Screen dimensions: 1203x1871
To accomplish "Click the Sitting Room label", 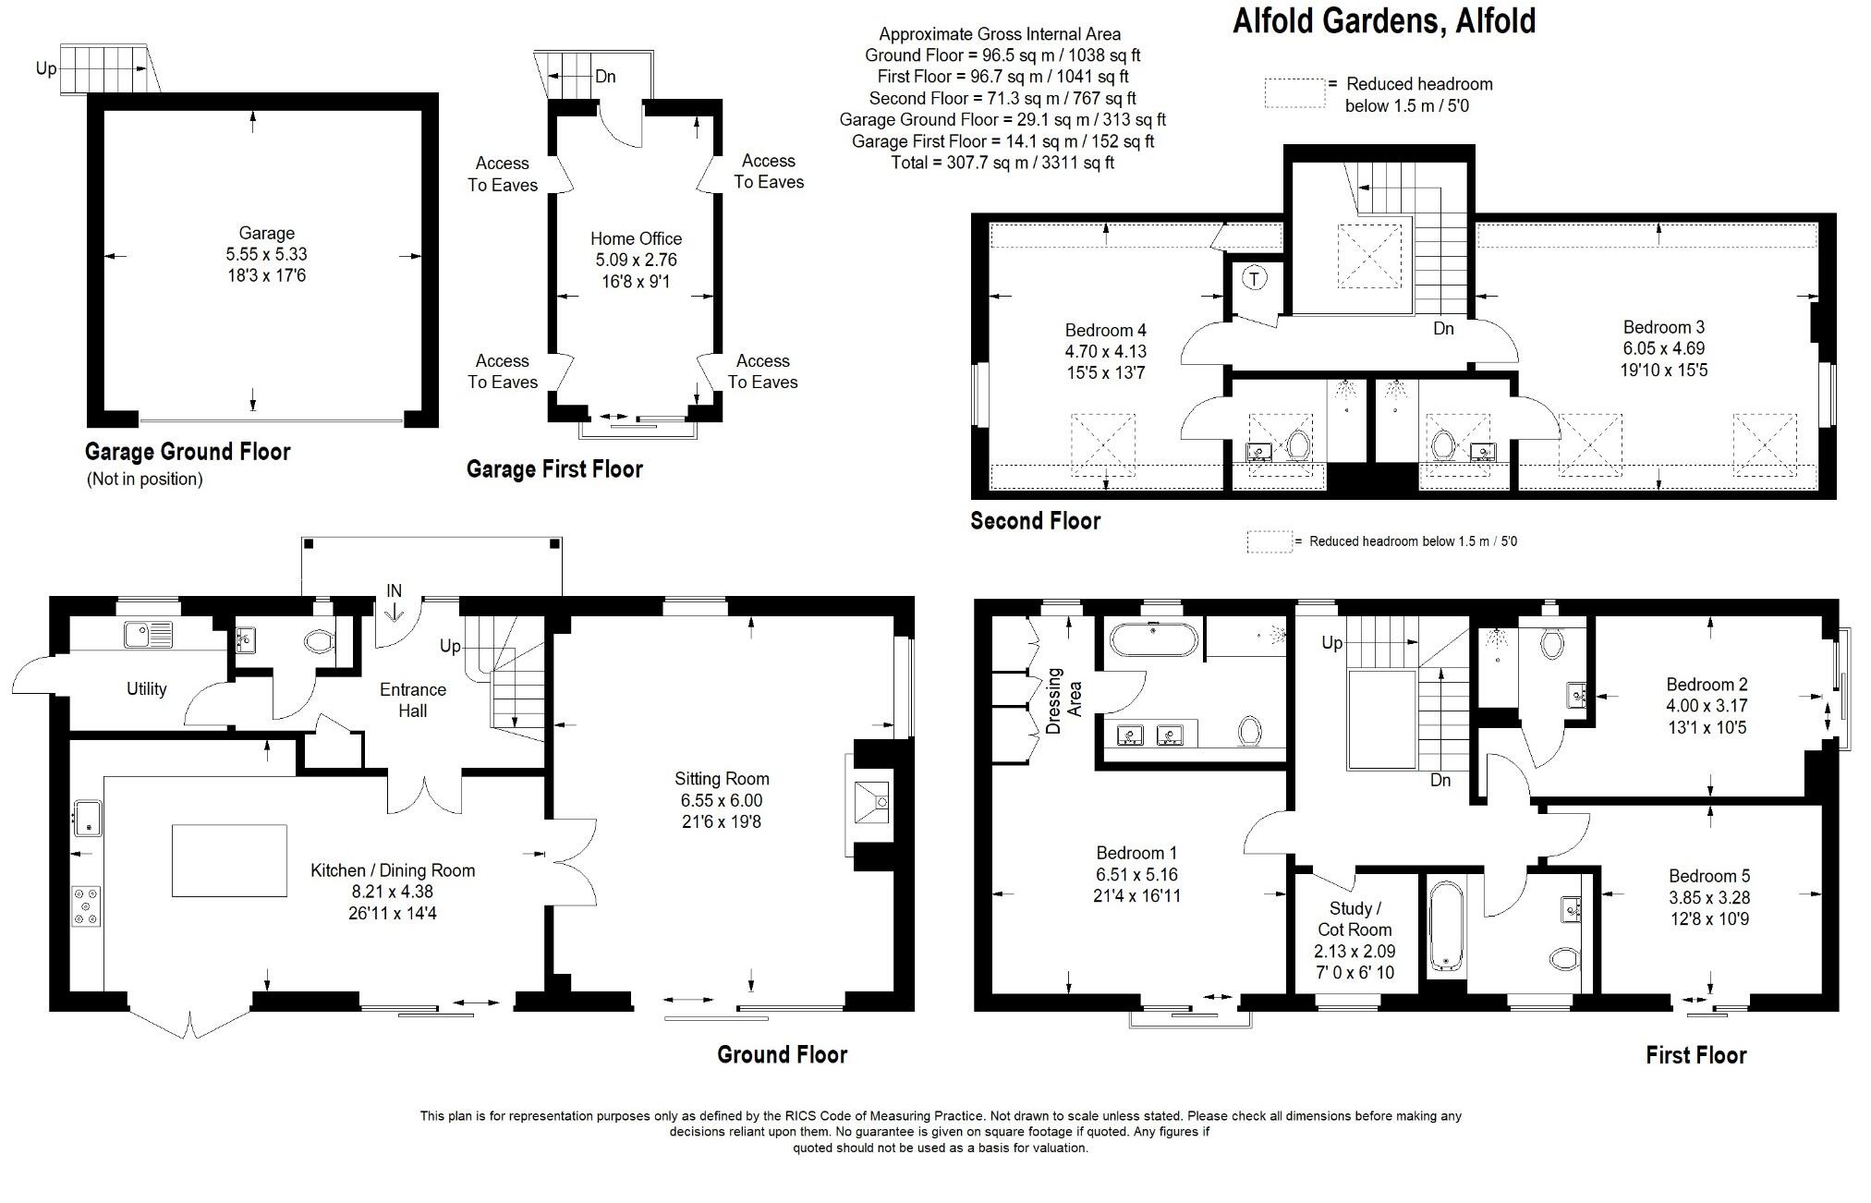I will click(x=721, y=779).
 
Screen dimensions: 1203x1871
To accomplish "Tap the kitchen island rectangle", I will click(x=229, y=860).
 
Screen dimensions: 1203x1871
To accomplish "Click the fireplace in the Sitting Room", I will click(x=870, y=801).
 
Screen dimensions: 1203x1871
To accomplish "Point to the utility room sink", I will click(x=148, y=635).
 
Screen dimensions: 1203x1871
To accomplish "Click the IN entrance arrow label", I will click(x=395, y=591).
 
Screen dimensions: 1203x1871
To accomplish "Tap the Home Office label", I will click(x=636, y=238).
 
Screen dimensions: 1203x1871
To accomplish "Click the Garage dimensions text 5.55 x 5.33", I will click(x=266, y=254).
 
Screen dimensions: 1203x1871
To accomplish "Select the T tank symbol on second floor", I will click(x=1254, y=278).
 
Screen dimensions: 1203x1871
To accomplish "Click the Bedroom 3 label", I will click(x=1663, y=327).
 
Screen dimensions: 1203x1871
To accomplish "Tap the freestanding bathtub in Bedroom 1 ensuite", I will click(x=1153, y=639).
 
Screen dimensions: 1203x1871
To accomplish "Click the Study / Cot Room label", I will click(x=1355, y=919).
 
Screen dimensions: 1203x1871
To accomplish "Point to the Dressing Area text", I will click(x=1064, y=700).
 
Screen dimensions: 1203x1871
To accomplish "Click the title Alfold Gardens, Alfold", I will click(x=1383, y=20).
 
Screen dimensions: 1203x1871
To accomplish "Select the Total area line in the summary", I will click(x=1002, y=163).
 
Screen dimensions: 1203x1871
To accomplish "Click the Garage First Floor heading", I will click(x=554, y=469).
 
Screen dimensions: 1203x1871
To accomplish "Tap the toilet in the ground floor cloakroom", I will click(x=319, y=640).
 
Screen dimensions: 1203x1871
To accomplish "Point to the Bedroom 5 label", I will click(x=1708, y=876).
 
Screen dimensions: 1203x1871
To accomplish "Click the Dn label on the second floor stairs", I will click(x=1443, y=328).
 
